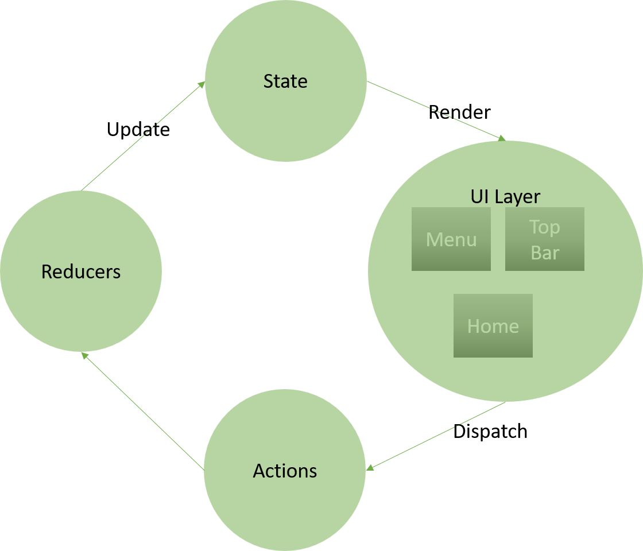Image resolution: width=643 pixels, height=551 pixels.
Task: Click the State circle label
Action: (x=285, y=82)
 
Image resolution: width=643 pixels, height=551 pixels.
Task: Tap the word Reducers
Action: (x=81, y=271)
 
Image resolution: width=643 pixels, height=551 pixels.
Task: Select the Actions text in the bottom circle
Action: (x=285, y=471)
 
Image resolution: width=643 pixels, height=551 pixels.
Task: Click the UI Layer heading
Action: (x=505, y=196)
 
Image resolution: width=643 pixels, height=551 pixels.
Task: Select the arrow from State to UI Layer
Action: (x=436, y=110)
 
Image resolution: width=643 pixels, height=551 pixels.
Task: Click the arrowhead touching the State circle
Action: (x=202, y=84)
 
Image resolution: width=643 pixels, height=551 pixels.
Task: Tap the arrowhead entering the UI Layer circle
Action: (x=502, y=138)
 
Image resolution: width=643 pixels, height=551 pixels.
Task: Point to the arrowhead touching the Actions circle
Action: (x=370, y=468)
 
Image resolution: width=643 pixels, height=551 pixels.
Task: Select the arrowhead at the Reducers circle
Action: (x=84, y=356)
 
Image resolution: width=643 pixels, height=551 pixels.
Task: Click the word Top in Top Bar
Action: (x=544, y=227)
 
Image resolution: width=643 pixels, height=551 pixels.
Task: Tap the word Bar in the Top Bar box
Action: (x=544, y=253)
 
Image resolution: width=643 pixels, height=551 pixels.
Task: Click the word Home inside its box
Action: (x=493, y=326)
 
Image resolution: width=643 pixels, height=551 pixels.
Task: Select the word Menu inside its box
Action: (x=451, y=239)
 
